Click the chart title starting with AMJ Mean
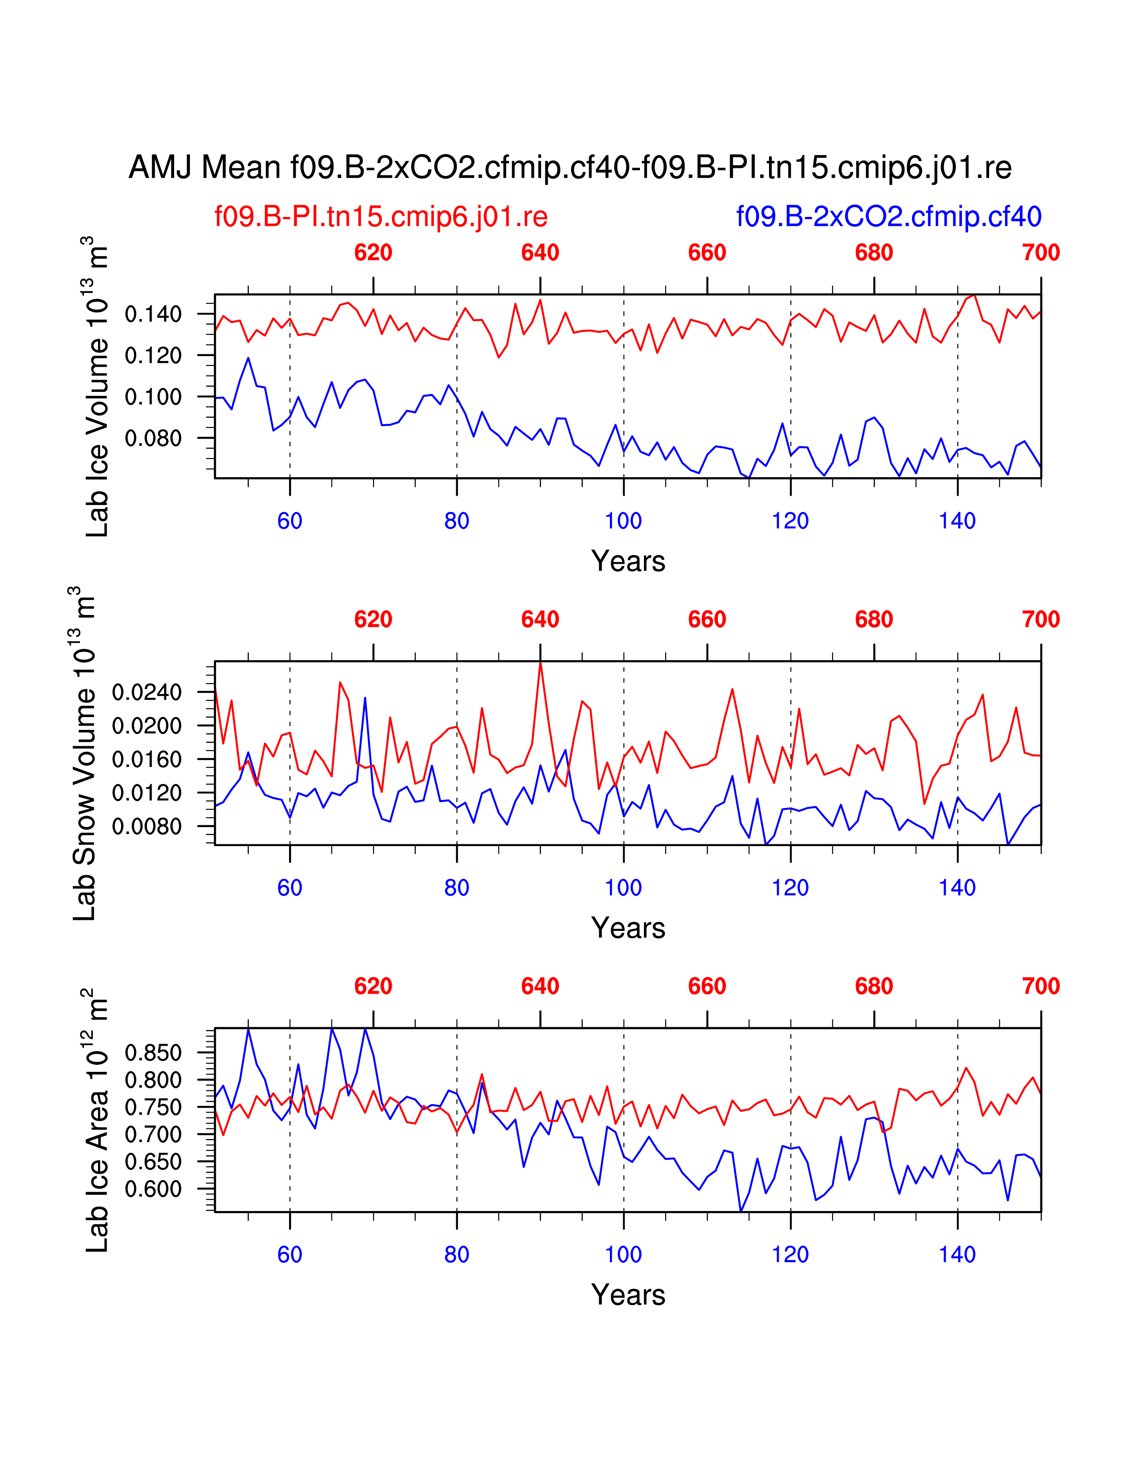coord(570,167)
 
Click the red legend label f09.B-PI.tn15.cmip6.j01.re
coord(381,217)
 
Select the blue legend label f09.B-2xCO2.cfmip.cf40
coord(889,217)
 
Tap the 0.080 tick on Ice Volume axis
coord(153,439)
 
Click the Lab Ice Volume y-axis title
coord(98,387)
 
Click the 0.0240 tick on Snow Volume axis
coord(147,692)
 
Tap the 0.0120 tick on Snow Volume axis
coord(147,793)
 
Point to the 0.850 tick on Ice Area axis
coord(153,1053)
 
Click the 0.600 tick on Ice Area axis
coord(153,1189)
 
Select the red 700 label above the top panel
coord(1040,253)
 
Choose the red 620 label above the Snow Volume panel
coord(373,619)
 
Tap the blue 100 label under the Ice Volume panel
coord(623,521)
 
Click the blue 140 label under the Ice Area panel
coord(957,1255)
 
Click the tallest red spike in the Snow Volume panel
coord(540,663)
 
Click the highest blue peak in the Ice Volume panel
coord(248,358)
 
